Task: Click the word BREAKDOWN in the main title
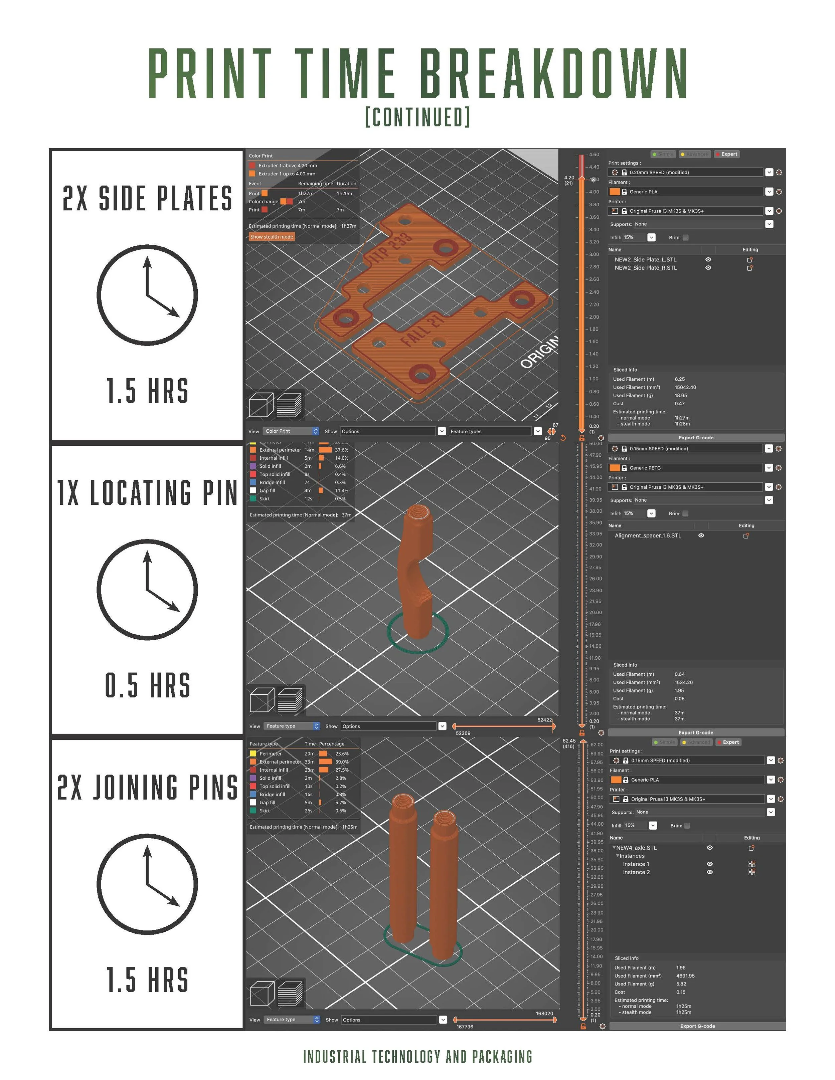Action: [553, 73]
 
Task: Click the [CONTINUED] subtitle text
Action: [417, 117]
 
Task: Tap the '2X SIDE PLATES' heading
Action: [147, 198]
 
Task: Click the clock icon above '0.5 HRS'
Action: [147, 590]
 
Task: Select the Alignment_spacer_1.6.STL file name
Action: [648, 535]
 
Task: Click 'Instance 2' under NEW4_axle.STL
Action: [636, 872]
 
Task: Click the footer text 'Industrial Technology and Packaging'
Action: [417, 1057]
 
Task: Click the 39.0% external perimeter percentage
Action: [342, 762]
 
